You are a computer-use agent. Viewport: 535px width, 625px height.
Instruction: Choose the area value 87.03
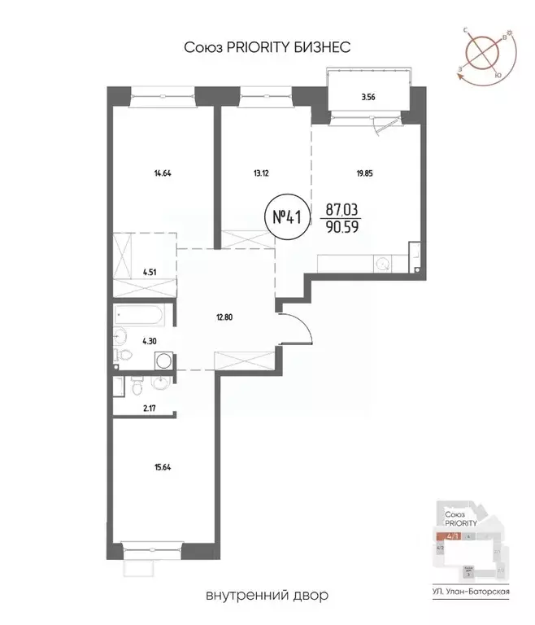pyautogui.click(x=338, y=209)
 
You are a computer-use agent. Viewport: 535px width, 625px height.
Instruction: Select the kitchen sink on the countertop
pyautogui.click(x=382, y=264)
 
